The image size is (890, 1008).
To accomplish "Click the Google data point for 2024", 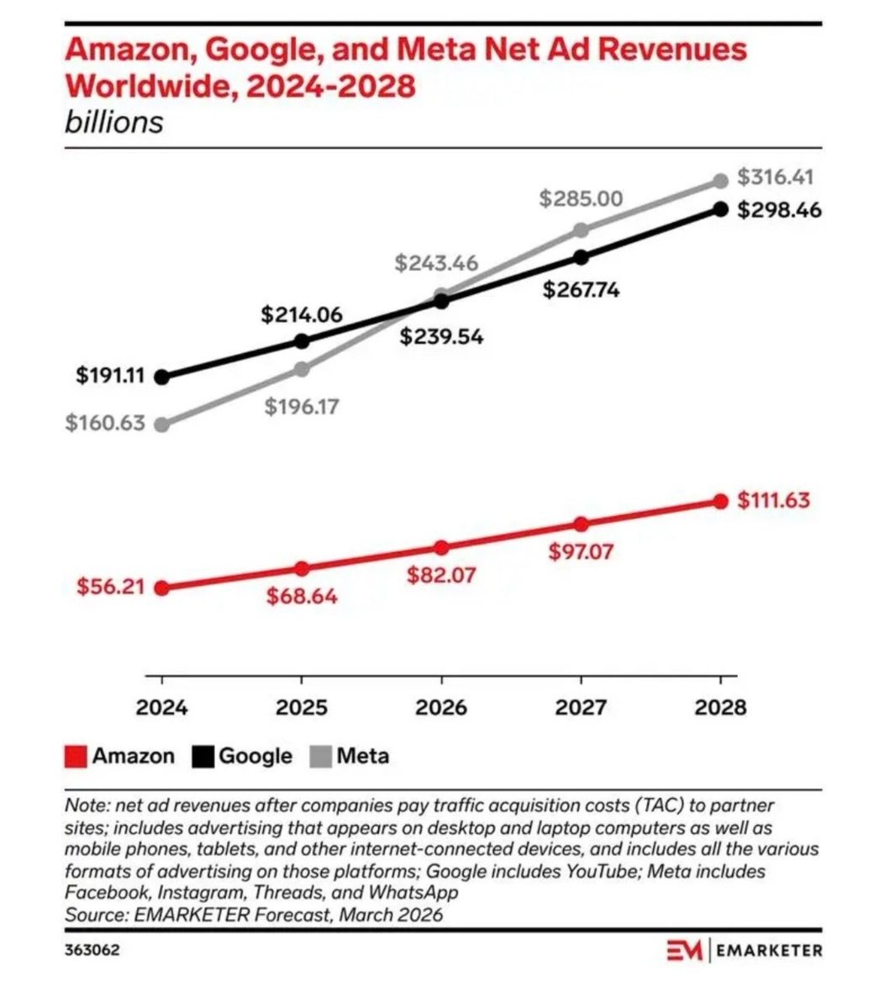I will click(162, 377).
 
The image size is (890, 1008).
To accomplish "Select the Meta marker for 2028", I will click(720, 182).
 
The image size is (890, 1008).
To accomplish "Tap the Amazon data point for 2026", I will click(441, 547).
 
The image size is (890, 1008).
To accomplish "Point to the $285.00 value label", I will click(581, 199).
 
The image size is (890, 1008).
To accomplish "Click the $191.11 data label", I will click(110, 376).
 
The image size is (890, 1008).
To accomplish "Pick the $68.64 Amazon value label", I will click(302, 597).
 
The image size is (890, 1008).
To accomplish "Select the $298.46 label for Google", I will click(779, 209).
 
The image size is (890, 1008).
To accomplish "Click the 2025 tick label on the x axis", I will click(302, 708).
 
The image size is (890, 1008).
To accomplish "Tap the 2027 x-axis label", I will click(581, 708).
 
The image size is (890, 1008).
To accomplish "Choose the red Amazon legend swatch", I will click(76, 757).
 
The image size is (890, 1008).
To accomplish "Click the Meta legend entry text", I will click(362, 756).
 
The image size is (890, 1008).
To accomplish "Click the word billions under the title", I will click(113, 123).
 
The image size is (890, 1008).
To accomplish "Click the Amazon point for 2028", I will click(720, 501).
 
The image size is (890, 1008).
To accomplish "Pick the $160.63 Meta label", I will click(105, 423).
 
